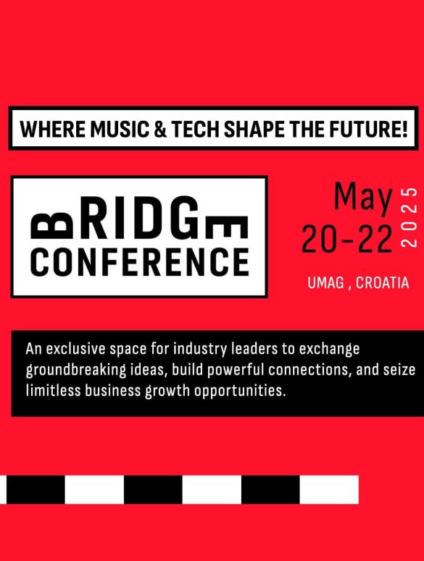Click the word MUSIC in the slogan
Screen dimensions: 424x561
pos(119,129)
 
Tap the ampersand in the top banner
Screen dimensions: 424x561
pos(160,129)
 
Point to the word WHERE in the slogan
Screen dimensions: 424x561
pos(53,129)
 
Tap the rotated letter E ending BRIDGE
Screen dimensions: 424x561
pos(228,227)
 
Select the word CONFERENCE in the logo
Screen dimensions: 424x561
pos(140,261)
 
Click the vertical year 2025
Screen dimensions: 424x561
pos(410,217)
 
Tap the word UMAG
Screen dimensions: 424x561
pos(325,282)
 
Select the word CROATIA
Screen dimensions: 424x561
pos(382,282)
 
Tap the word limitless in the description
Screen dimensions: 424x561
pos(54,390)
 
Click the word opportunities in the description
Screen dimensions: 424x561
pos(240,391)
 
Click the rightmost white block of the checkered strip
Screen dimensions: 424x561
pos(329,489)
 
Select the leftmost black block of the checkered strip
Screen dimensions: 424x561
pos(36,489)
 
